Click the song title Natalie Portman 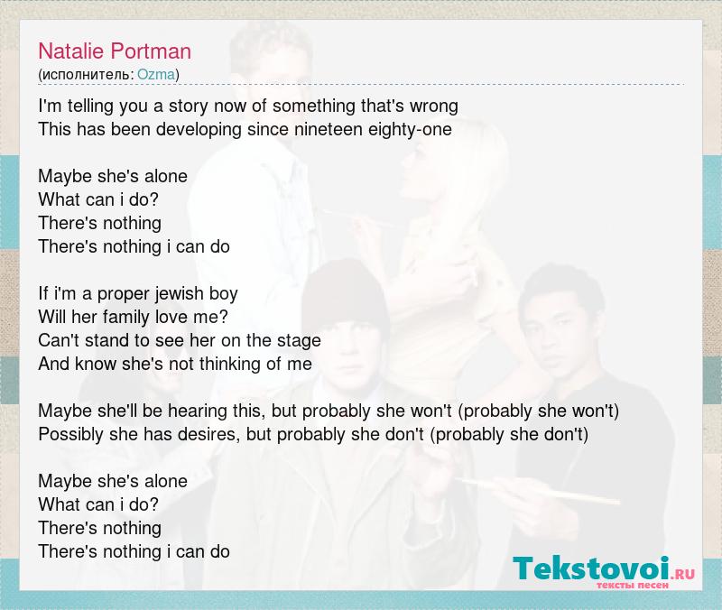pyautogui.click(x=115, y=51)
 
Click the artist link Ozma pyautogui.click(x=156, y=75)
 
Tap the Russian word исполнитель pyautogui.click(x=86, y=75)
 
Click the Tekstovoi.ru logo pyautogui.click(x=604, y=572)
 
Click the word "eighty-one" pyautogui.click(x=410, y=130)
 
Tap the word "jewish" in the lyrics pyautogui.click(x=179, y=294)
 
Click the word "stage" pyautogui.click(x=299, y=341)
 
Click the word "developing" pyautogui.click(x=199, y=130)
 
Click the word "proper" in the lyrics pyautogui.click(x=124, y=295)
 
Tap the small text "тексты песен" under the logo pyautogui.click(x=633, y=586)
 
